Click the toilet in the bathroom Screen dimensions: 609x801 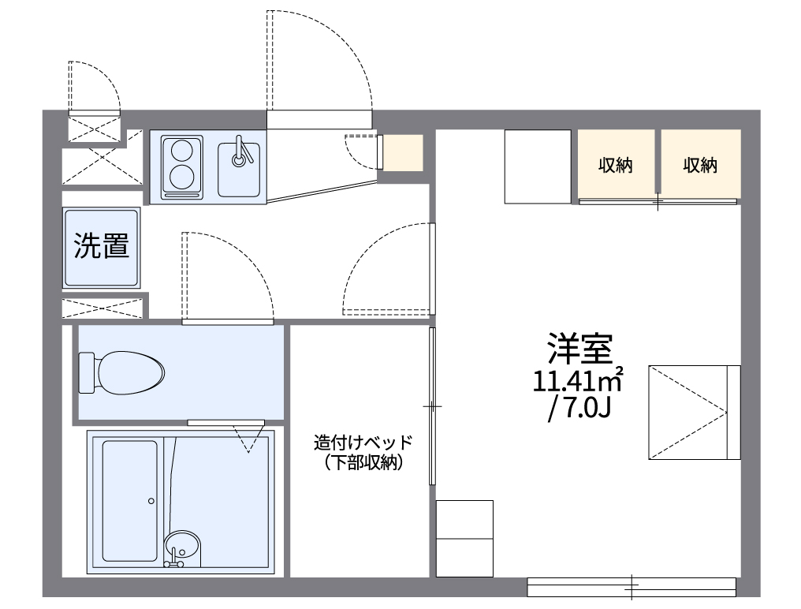[130, 370]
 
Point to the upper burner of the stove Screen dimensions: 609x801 [182, 149]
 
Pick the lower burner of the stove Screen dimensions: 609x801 [182, 178]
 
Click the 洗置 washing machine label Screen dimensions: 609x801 [101, 246]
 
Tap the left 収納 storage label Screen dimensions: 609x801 [615, 166]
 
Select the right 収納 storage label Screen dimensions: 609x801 [700, 166]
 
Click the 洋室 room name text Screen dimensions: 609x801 [580, 348]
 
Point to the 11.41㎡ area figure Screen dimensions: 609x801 [578, 382]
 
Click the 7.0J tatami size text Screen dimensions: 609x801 [583, 409]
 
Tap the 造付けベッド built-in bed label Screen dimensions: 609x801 [363, 443]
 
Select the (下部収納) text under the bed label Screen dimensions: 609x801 [363, 463]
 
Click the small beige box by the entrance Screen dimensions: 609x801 [403, 152]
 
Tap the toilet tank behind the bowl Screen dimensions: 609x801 [87, 372]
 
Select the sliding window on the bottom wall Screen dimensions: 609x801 [631, 586]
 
